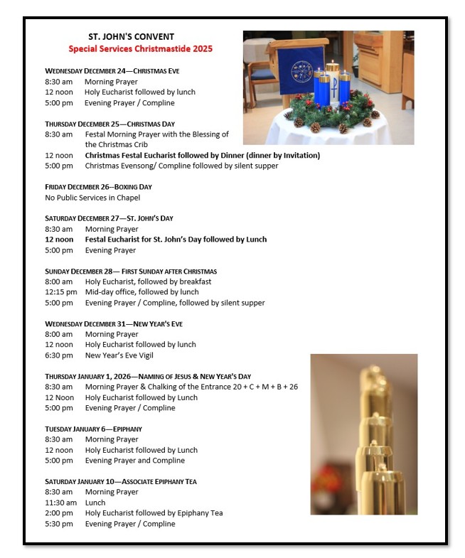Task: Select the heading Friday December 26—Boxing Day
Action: [x=98, y=187]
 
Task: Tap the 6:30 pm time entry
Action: [x=58, y=355]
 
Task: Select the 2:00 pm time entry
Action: [x=58, y=513]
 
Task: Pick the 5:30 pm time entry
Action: [x=58, y=524]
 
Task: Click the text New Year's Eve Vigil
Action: [x=119, y=355]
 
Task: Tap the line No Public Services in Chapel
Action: [x=92, y=198]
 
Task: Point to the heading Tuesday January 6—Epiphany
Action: [x=93, y=429]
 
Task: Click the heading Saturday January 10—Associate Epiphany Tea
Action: [x=121, y=481]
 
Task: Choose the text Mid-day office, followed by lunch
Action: [x=141, y=292]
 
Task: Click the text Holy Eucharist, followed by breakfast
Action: [x=148, y=281]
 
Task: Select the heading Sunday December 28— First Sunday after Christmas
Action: [x=131, y=271]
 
